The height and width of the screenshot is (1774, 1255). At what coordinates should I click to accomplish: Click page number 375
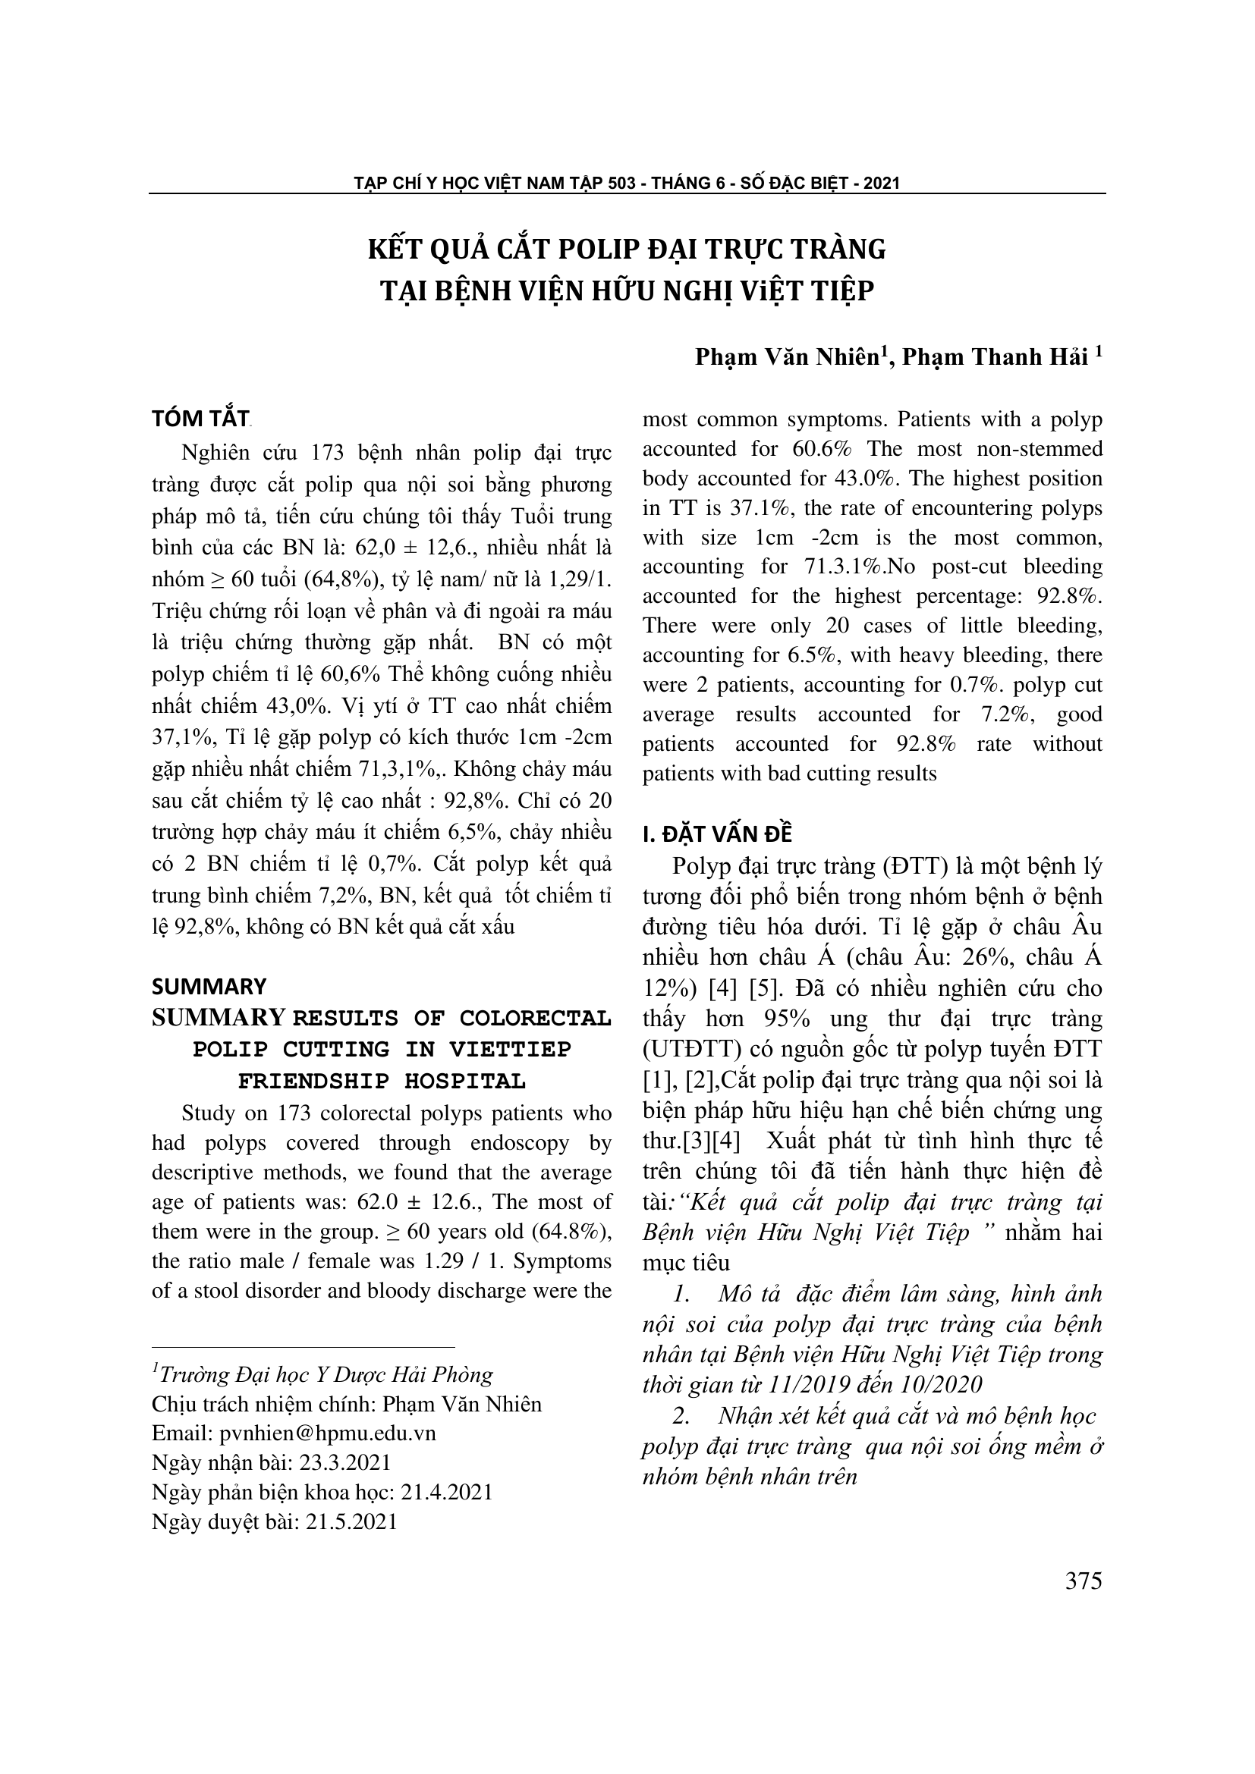(1083, 1581)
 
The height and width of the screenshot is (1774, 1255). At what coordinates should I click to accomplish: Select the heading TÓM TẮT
(200, 419)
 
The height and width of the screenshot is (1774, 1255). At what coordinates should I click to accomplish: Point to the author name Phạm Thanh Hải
(995, 357)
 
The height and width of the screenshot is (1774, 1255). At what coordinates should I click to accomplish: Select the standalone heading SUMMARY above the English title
(209, 987)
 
